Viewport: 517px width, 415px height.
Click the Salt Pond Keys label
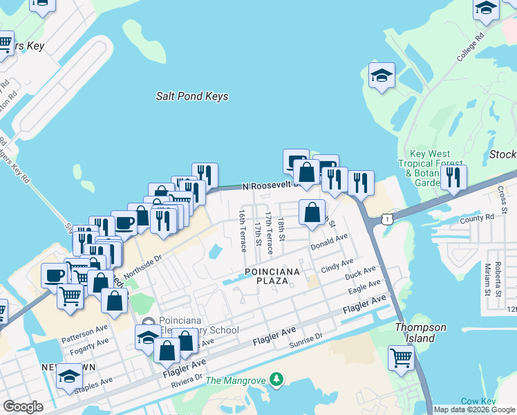191,97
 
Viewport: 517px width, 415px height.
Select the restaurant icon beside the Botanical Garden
453,177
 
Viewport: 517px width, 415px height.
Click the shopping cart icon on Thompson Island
400,358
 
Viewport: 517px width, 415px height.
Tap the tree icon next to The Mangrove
276,379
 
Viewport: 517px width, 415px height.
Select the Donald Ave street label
328,242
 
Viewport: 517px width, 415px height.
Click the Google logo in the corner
23,407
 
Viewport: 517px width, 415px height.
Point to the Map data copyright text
474,409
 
